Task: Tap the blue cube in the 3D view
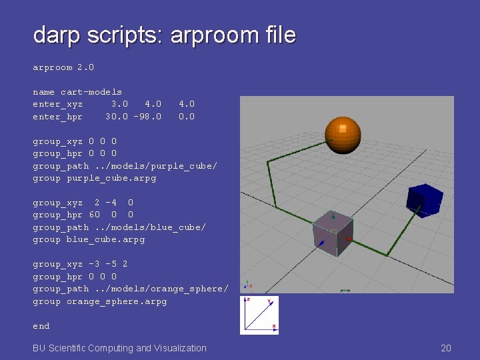coord(424,200)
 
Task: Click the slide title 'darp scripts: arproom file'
coord(164,35)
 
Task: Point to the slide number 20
coord(446,348)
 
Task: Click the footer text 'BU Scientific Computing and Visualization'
coord(120,348)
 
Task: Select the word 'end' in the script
coord(41,326)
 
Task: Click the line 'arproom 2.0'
coord(63,67)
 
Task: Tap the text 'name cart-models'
coord(77,92)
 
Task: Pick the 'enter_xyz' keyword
coord(58,104)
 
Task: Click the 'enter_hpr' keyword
coord(58,117)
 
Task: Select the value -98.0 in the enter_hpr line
coord(147,117)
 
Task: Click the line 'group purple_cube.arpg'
coord(94,178)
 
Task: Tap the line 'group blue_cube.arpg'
coord(89,239)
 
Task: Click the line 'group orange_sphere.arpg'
coord(100,301)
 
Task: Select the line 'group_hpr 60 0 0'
coord(83,215)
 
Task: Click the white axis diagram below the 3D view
coord(259,315)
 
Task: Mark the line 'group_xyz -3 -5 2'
coord(80,264)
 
